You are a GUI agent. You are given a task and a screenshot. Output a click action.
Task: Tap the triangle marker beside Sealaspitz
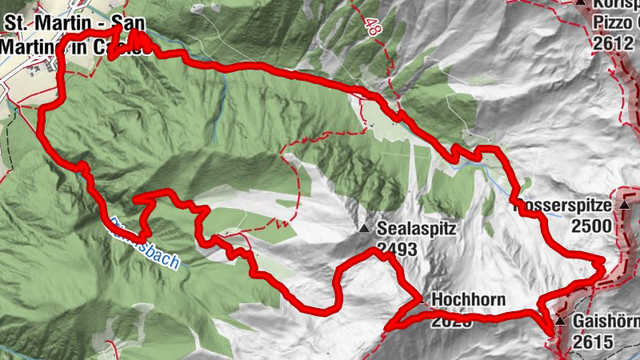coord(365,230)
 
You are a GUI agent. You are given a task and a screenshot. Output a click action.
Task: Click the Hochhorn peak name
coord(469,300)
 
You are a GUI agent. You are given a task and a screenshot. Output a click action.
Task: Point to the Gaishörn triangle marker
coord(560,321)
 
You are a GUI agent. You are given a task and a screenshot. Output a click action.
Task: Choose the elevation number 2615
coord(593,342)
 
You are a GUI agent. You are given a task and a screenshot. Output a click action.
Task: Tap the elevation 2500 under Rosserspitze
coord(591,225)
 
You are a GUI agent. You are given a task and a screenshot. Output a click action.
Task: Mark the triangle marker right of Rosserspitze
coord(624,206)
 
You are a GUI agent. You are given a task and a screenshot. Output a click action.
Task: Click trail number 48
coord(372,26)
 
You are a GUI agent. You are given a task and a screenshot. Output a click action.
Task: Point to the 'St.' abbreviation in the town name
coord(18,24)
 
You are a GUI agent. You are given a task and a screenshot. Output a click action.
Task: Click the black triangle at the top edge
coord(581,3)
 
